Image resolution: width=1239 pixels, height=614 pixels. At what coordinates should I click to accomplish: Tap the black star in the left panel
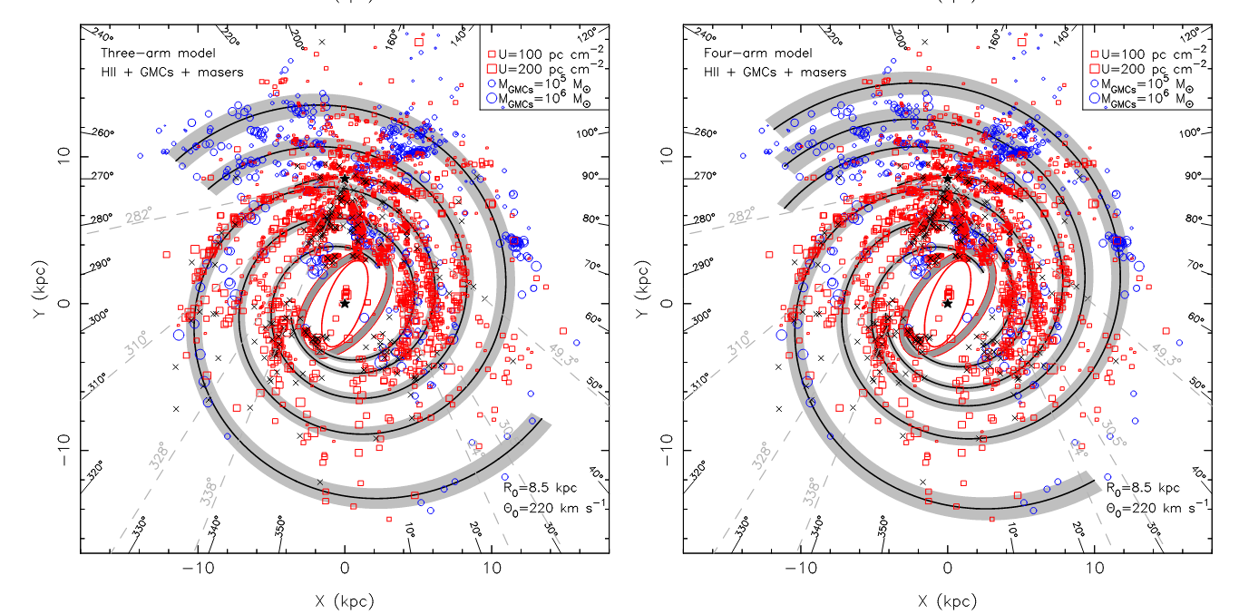click(x=345, y=303)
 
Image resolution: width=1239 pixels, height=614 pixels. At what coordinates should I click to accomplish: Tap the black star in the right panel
click(x=948, y=303)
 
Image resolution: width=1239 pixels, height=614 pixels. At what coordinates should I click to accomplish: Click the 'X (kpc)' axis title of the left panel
click(x=344, y=600)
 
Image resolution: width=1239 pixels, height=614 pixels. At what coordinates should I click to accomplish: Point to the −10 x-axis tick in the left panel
click(x=198, y=569)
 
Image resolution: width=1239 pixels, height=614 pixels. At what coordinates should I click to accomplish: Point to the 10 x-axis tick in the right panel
click(x=1095, y=569)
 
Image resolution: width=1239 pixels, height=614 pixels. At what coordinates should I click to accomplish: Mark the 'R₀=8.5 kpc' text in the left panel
click(x=542, y=488)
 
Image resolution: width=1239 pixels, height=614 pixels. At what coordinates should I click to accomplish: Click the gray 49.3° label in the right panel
click(x=1166, y=355)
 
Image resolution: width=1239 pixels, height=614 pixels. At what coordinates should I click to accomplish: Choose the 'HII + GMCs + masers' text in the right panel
click(x=776, y=72)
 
